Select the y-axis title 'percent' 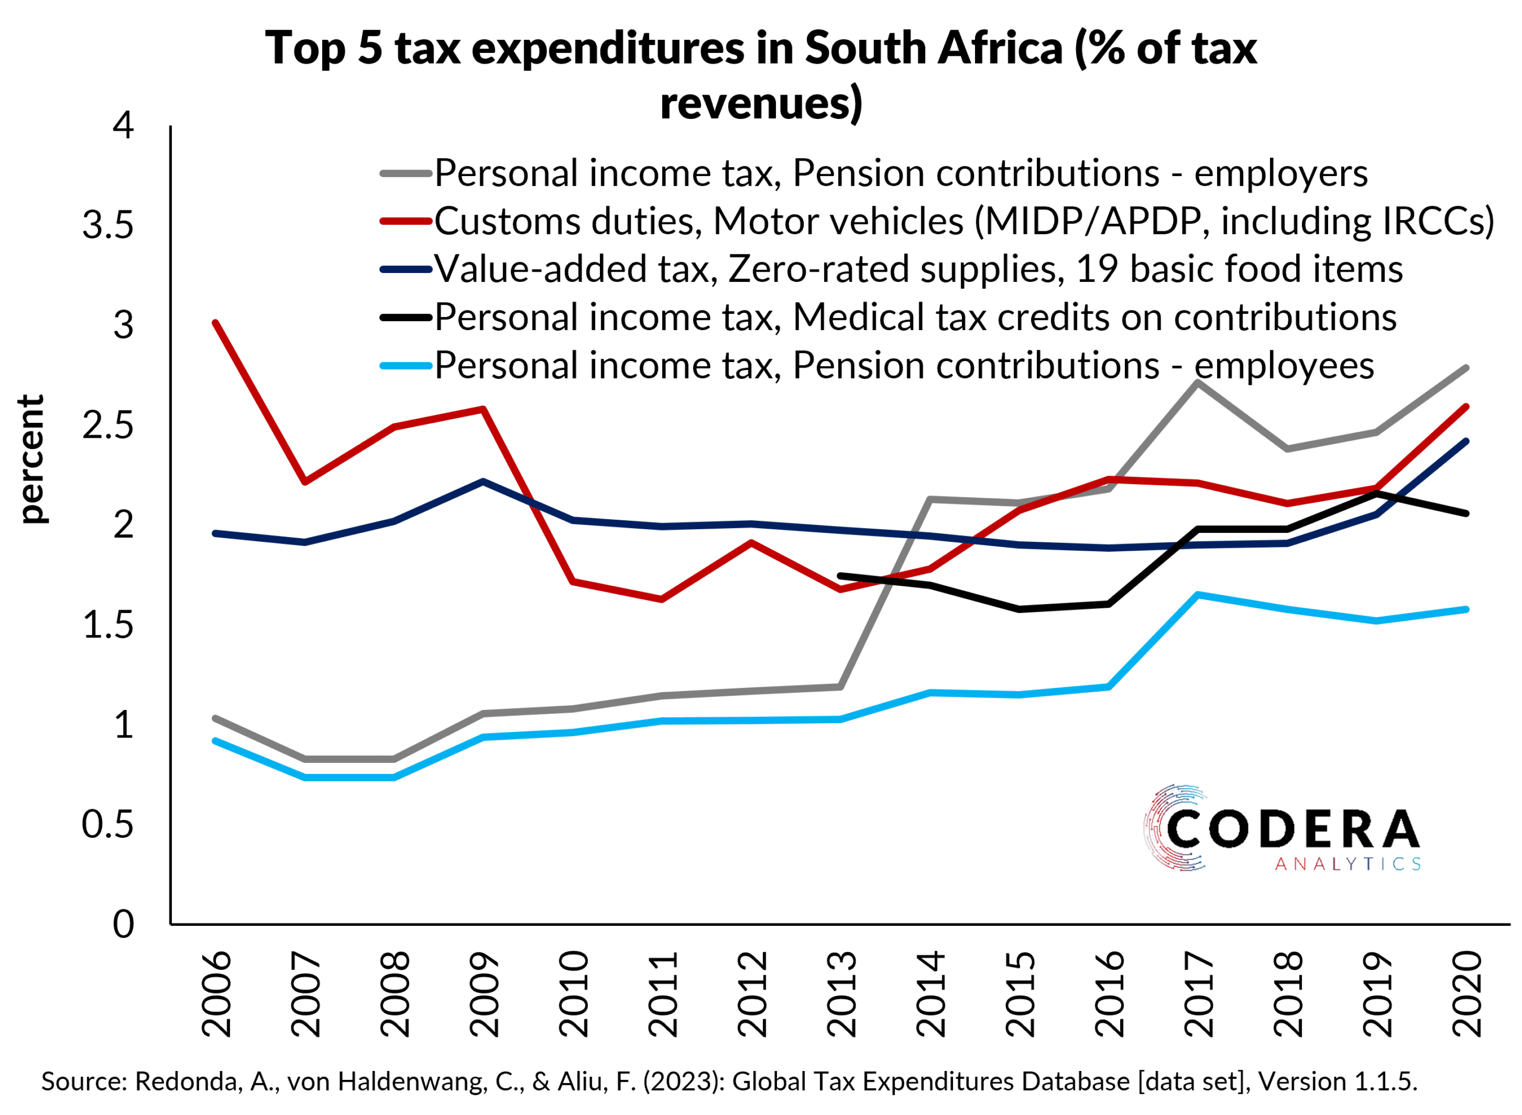(31, 459)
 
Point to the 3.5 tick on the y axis (108, 224)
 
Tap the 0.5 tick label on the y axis (108, 824)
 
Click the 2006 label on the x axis (216, 994)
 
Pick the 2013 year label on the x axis (841, 994)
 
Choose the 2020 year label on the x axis (1466, 994)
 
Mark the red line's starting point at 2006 (215, 323)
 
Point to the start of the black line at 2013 (840, 576)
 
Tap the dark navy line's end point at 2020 (1466, 441)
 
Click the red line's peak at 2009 (483, 409)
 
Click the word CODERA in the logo (1292, 830)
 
